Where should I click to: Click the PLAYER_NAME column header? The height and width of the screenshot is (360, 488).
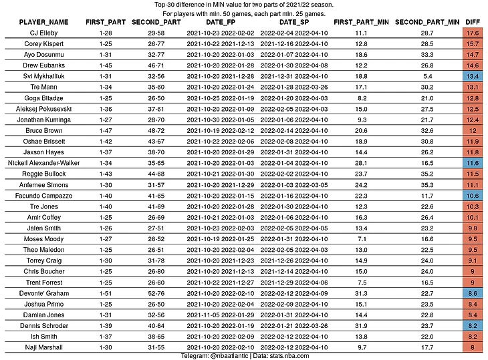pyautogui.click(x=44, y=22)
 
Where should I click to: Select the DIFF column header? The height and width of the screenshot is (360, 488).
pyautogui.click(x=472, y=22)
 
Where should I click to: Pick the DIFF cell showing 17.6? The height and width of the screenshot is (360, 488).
pyautogui.click(x=473, y=32)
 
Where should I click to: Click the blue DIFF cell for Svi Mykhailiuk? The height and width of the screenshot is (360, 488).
pyautogui.click(x=473, y=76)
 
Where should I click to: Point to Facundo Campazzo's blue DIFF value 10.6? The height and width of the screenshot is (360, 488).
pyautogui.click(x=473, y=196)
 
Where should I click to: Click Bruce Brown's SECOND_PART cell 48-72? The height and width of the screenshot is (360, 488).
pyautogui.click(x=156, y=130)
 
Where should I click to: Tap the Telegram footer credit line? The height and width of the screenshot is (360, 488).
pyautogui.click(x=243, y=356)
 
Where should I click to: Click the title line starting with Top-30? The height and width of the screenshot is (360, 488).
pyautogui.click(x=244, y=5)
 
